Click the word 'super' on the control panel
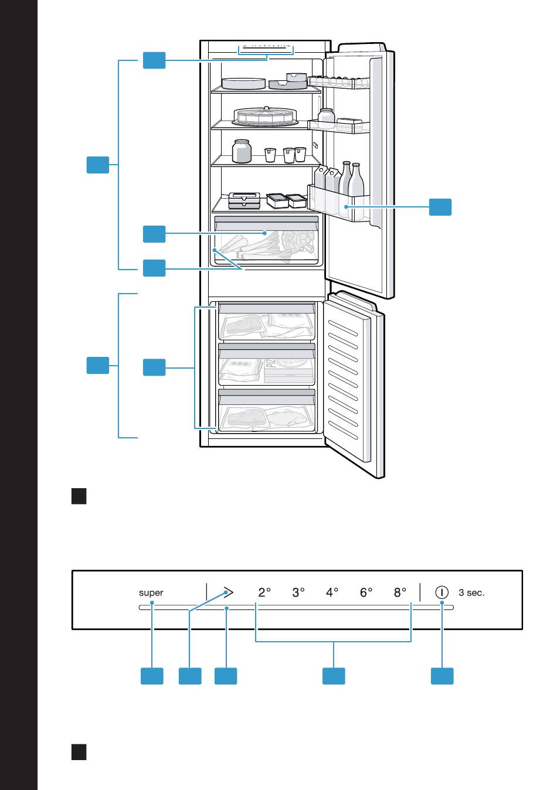(x=151, y=592)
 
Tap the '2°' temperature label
(x=264, y=592)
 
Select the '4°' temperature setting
(x=332, y=592)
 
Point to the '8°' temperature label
(x=400, y=592)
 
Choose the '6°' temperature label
(x=366, y=592)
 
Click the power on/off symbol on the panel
(x=441, y=592)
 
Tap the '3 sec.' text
(x=471, y=592)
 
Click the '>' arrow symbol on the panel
(x=227, y=592)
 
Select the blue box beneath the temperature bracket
(x=334, y=675)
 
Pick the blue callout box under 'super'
(x=152, y=675)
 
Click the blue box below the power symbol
(x=442, y=675)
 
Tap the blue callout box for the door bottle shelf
(x=440, y=207)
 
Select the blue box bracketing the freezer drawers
(x=154, y=368)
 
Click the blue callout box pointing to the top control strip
(x=154, y=60)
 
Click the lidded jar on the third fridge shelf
(x=242, y=151)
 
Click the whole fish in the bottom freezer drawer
(x=287, y=418)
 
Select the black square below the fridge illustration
(x=79, y=496)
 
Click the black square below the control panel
(x=79, y=752)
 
